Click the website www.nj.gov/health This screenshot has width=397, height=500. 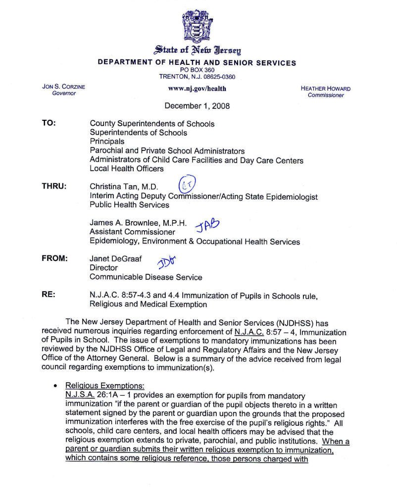click(197, 89)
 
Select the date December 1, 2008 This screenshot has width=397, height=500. click(197, 106)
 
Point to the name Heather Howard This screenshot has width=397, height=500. click(325, 89)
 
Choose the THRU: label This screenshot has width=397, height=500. click(54, 187)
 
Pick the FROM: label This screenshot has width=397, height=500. click(54, 258)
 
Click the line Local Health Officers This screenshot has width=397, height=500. click(126, 169)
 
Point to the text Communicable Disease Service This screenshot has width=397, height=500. click(146, 277)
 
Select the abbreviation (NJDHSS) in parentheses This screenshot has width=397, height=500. click(301, 324)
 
